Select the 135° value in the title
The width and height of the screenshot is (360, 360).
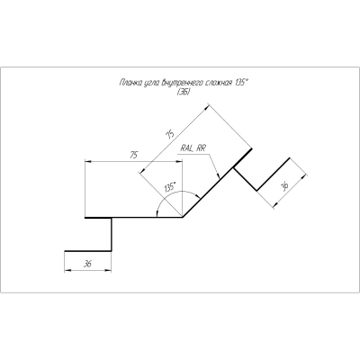pos(240,82)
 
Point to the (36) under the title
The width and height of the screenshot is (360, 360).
pos(183,92)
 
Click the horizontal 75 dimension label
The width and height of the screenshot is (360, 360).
pos(133,156)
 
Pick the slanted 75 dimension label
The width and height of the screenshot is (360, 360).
pos(169,135)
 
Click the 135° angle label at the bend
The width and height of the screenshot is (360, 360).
pos(169,188)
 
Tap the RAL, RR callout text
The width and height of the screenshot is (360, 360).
pos(193,148)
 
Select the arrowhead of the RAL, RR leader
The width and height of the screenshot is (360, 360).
pos(219,176)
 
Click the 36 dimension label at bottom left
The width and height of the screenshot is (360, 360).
pos(87,264)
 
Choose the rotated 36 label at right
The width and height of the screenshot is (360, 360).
pos(283,187)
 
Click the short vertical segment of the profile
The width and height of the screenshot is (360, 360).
pos(112,234)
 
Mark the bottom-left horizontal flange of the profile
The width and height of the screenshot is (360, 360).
pos(88,251)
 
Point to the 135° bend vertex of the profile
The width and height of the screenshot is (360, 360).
pos(182,217)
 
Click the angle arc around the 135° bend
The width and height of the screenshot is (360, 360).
pos(177,192)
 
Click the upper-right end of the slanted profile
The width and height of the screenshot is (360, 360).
pos(251,148)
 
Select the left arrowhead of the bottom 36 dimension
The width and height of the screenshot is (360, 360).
pos(67,270)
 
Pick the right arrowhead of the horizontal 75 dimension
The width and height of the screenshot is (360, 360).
pos(178,162)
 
